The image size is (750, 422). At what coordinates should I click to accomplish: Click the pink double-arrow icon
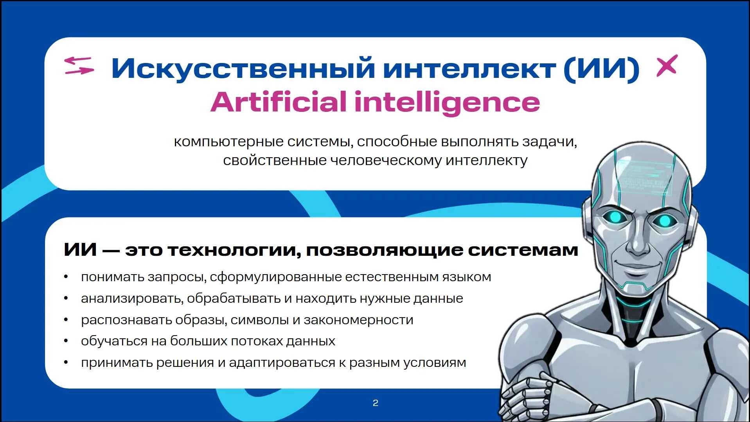[x=79, y=65]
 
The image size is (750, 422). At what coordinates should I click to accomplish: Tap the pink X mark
[x=667, y=65]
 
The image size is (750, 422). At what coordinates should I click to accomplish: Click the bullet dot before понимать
[x=66, y=277]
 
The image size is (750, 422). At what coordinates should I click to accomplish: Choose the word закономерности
[x=358, y=320]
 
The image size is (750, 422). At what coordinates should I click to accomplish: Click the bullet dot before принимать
[x=66, y=363]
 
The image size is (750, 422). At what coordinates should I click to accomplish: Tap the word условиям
[x=435, y=363]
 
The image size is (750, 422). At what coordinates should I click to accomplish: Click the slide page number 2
[x=376, y=403]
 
